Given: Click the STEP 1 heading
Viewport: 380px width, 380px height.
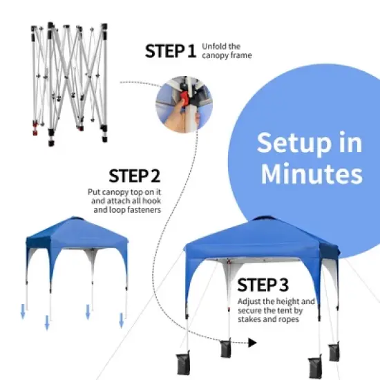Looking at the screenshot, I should click(x=171, y=50).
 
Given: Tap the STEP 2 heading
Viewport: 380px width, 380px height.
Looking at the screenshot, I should click(x=135, y=175).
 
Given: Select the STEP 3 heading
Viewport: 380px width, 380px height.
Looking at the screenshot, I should click(x=263, y=285).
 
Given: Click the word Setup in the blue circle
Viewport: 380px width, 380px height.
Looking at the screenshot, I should click(x=310, y=143).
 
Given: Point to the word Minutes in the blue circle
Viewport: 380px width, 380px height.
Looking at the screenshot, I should click(x=311, y=173).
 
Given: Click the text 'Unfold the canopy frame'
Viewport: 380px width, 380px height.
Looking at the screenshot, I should click(x=227, y=50).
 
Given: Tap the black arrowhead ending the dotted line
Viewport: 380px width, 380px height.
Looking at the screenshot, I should click(x=252, y=342).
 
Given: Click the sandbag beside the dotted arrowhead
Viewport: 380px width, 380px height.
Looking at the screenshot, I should click(x=225, y=348).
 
